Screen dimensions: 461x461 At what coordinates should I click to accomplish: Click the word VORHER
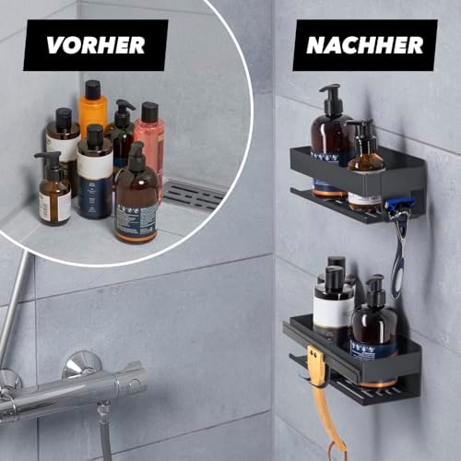(95, 45)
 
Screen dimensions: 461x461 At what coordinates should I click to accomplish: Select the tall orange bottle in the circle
(93, 115)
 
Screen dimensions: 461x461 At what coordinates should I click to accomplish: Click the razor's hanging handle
(398, 258)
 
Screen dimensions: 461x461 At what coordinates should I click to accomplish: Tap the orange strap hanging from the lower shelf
(324, 396)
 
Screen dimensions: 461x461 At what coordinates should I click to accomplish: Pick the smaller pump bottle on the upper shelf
(365, 166)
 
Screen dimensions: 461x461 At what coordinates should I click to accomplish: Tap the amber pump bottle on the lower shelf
(373, 327)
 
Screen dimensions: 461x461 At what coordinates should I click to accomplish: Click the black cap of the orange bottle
(92, 89)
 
